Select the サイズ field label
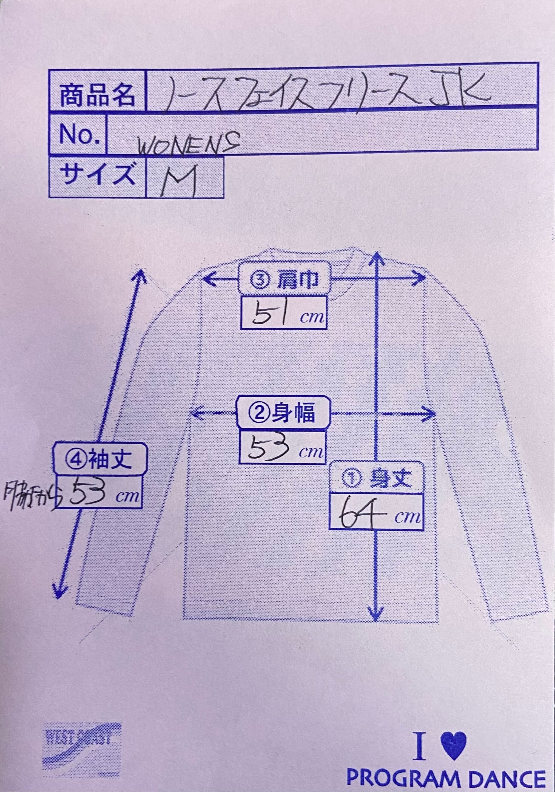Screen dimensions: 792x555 (97, 176)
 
